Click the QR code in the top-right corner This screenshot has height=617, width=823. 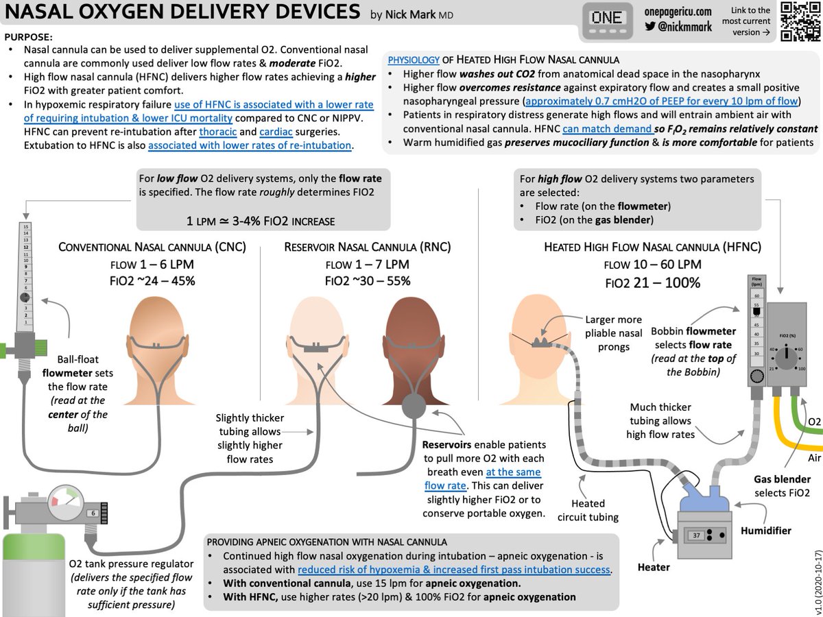[x=800, y=23]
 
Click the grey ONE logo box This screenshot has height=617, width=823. [x=606, y=21]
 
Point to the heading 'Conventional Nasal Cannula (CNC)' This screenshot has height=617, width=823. [x=154, y=247]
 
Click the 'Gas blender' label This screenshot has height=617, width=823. [x=782, y=479]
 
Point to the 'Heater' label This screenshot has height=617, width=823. [x=654, y=567]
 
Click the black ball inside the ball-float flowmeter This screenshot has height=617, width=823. [x=25, y=298]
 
